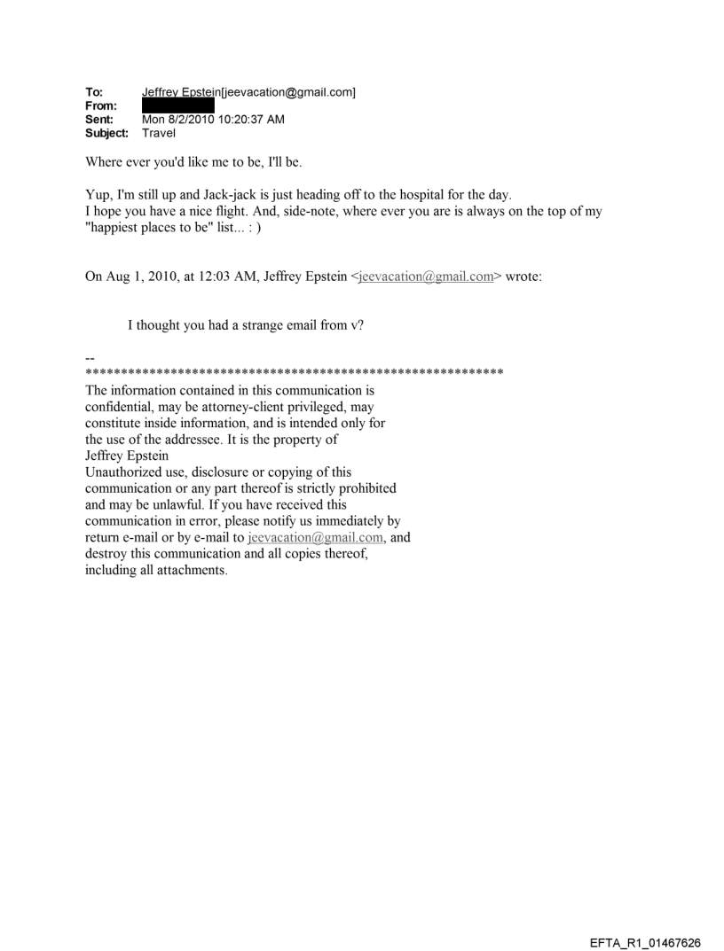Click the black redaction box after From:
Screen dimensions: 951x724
click(177, 105)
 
